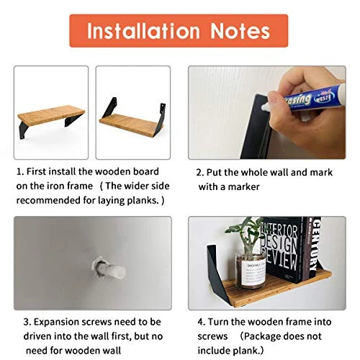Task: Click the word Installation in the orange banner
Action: pos(143,31)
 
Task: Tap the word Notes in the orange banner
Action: pos(240,31)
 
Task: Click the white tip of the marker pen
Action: pos(266,107)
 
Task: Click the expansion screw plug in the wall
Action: pos(109,269)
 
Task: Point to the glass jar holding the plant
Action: pos(251,271)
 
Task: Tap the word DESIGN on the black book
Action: pos(279,243)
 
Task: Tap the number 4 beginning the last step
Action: pos(201,322)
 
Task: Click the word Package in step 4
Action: pos(262,336)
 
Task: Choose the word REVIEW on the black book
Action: pos(280,260)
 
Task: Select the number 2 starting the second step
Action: pos(199,173)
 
